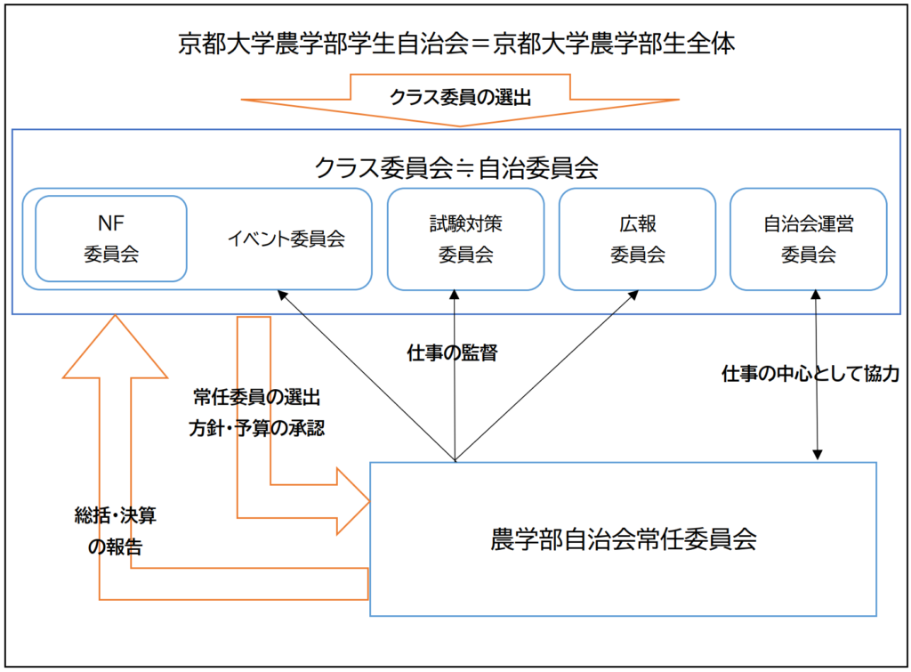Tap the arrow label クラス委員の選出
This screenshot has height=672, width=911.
460,98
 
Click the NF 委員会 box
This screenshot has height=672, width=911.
111,238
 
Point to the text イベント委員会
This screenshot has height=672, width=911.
286,239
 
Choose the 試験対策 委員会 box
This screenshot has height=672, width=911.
464,239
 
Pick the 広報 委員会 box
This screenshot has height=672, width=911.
637,239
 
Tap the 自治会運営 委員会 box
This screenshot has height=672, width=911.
808,239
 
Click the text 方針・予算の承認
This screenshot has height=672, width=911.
256,428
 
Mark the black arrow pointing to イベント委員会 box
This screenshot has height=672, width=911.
365,374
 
